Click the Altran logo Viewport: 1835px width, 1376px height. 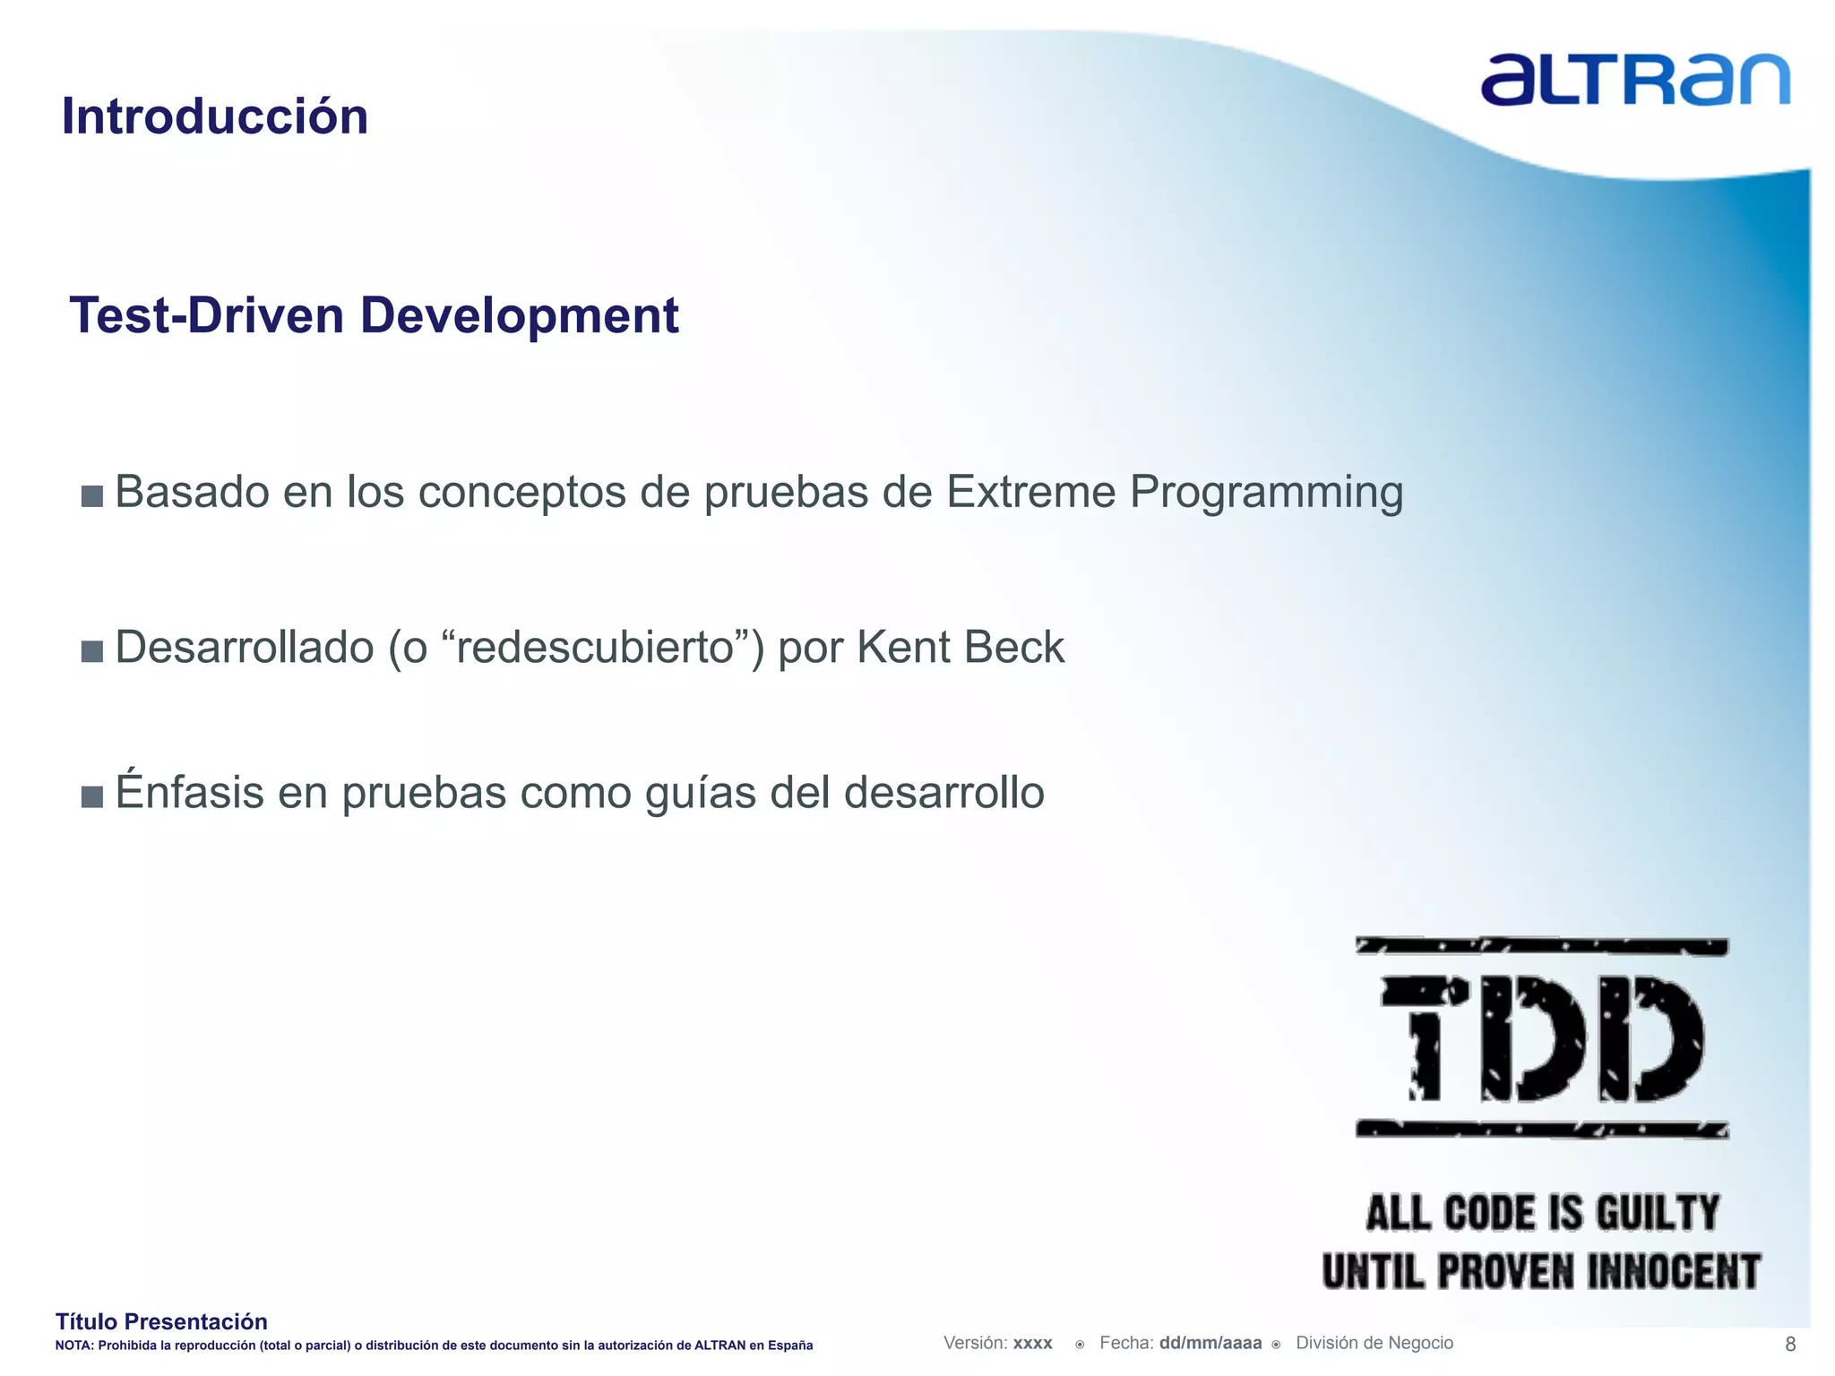pyautogui.click(x=1634, y=80)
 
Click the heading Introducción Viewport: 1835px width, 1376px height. pyautogui.click(x=215, y=116)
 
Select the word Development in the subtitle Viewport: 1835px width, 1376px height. pyautogui.click(x=519, y=315)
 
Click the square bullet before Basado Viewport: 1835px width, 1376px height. pyautogui.click(x=92, y=495)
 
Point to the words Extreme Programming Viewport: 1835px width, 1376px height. pyautogui.click(x=1174, y=492)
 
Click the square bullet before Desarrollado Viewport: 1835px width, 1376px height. pyautogui.click(x=92, y=650)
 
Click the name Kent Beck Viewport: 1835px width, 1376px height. pyautogui.click(x=961, y=647)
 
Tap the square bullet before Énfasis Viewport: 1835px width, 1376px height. pyautogui.click(x=92, y=795)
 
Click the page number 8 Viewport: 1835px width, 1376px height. pyautogui.click(x=1790, y=1344)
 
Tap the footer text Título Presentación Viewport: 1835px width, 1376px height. pyautogui.click(x=161, y=1321)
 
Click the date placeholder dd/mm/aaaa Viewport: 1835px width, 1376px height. pyautogui.click(x=1210, y=1343)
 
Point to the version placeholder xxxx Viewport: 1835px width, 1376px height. pyautogui.click(x=1032, y=1343)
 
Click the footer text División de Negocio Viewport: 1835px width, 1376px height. pyautogui.click(x=1374, y=1343)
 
